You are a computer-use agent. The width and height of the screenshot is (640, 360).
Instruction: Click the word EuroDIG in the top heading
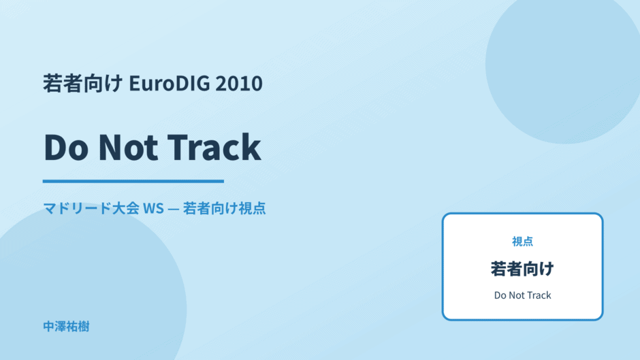pos(170,83)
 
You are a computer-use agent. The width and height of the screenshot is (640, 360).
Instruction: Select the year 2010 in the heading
pos(239,83)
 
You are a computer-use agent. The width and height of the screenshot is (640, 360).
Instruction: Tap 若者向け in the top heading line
pos(83,83)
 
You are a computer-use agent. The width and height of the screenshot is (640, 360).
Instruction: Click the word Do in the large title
pos(66,147)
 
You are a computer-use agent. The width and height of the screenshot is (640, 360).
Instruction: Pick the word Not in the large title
pos(128,147)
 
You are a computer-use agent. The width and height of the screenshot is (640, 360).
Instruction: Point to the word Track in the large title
pos(214,147)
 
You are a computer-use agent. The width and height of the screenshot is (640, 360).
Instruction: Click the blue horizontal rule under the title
pos(133,181)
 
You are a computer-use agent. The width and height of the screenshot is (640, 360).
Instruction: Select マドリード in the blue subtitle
pos(78,208)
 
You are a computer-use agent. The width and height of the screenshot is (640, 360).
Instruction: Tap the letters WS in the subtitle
pos(153,208)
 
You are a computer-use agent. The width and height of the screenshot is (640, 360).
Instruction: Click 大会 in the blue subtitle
pos(126,208)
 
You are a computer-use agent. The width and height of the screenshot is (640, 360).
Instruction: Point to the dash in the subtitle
pos(173,209)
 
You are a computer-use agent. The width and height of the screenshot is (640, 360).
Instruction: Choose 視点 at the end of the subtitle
pos(252,208)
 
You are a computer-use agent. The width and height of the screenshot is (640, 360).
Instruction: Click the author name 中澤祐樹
pos(66,327)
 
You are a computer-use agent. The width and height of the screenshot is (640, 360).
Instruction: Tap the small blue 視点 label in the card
pos(522,242)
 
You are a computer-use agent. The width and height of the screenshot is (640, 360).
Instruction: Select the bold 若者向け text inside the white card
pos(522,269)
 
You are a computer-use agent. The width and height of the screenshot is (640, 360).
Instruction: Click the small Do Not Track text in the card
pos(522,295)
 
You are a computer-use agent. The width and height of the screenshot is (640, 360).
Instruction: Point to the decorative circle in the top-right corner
pos(563,65)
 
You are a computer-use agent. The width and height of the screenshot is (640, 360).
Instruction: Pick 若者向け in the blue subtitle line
pos(210,208)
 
